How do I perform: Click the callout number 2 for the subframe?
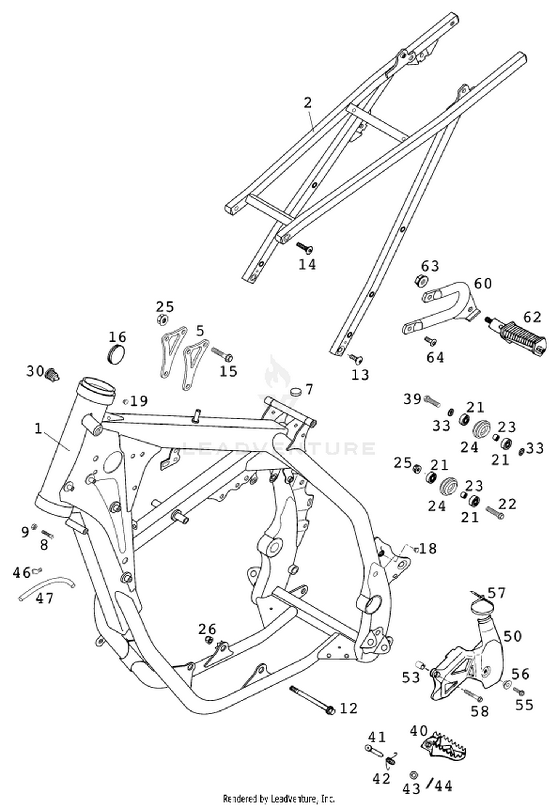pos(307,103)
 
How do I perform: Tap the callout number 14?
pos(308,265)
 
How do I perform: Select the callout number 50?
pos(513,636)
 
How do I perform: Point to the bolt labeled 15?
pos(222,354)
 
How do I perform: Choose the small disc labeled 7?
pos(296,391)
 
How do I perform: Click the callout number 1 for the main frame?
pos(39,428)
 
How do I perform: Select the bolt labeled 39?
pos(432,401)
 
